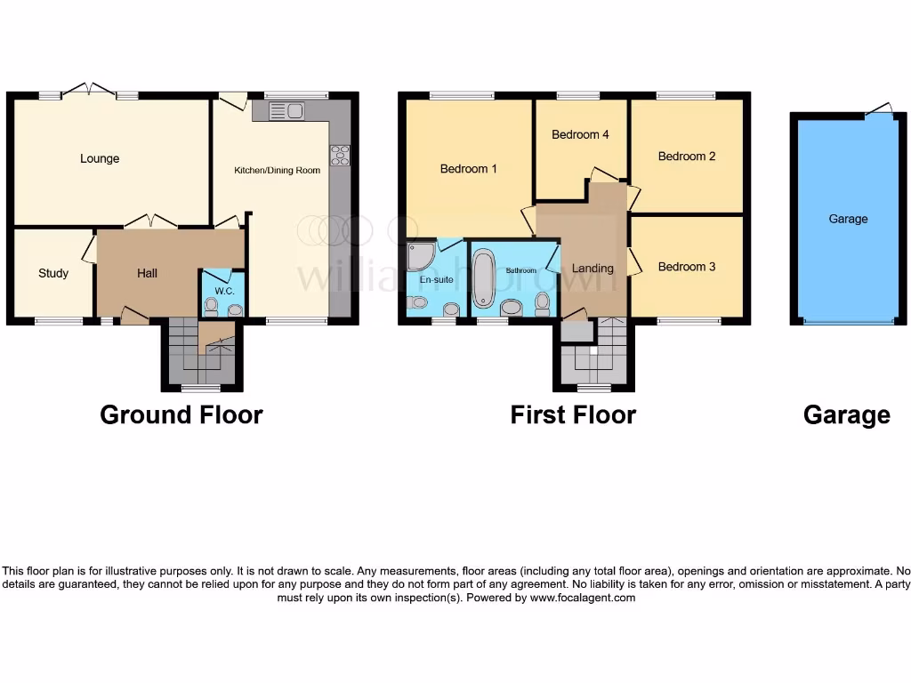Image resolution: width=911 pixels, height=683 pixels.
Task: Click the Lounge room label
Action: tap(100, 159)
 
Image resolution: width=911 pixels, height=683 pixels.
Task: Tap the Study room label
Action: tap(53, 273)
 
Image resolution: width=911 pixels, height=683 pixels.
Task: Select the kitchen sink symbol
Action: tap(286, 111)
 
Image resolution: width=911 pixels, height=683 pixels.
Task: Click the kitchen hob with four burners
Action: tap(340, 155)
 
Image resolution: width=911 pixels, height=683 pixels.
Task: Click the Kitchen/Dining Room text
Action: tap(277, 171)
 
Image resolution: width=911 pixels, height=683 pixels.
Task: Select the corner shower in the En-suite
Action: tap(419, 257)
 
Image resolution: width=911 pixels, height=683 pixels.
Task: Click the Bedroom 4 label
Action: tap(580, 135)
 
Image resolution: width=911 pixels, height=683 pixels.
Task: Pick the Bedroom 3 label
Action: tap(686, 267)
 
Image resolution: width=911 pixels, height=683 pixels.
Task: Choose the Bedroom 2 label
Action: tap(687, 157)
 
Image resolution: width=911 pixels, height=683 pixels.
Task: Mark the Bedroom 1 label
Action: tap(469, 169)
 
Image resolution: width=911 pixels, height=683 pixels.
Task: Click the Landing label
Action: tap(593, 269)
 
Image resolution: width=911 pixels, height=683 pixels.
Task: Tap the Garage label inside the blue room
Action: tap(848, 219)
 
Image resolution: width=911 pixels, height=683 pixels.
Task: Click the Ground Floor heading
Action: tap(181, 415)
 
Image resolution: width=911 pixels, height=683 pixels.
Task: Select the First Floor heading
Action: tap(573, 415)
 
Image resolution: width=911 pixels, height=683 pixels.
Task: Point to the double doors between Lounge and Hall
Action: tap(150, 221)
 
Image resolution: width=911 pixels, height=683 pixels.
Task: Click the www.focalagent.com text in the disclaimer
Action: tap(584, 599)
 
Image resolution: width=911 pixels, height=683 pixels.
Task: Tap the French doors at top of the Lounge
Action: tap(89, 89)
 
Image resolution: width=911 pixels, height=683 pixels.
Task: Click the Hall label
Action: tap(148, 273)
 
